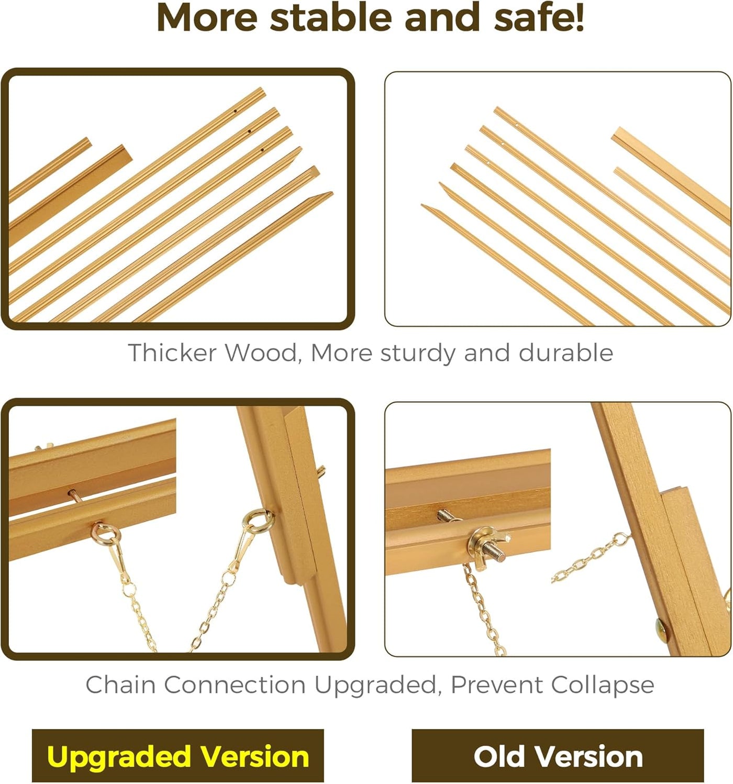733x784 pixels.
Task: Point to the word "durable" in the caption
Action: (x=565, y=352)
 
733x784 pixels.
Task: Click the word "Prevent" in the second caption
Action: (x=496, y=684)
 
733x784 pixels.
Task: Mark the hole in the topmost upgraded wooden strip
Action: (x=235, y=111)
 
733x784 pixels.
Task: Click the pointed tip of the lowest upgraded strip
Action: (x=331, y=193)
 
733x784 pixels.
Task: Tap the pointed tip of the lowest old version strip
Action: (x=423, y=206)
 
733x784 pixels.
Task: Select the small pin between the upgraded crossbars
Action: (x=74, y=494)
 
